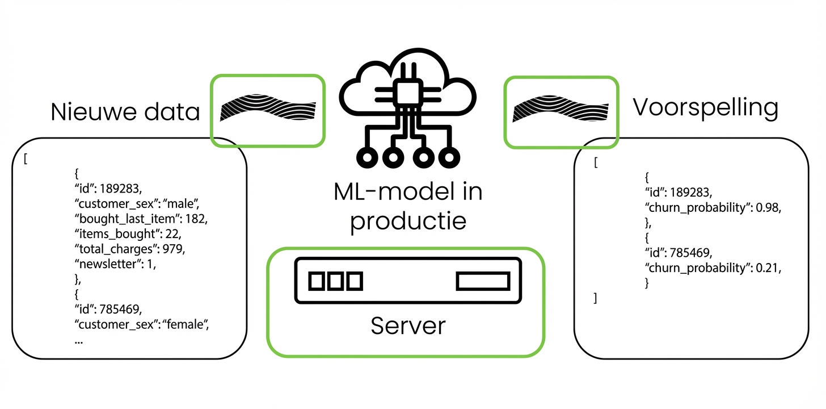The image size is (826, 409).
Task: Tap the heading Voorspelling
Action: click(705, 108)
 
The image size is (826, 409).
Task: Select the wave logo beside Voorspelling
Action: click(560, 108)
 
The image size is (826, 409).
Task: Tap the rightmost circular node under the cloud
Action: click(449, 157)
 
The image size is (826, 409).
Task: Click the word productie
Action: click(408, 220)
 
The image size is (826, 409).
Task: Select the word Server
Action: click(408, 325)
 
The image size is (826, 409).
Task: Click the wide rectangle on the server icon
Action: click(483, 281)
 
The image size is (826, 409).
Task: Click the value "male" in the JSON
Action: click(182, 203)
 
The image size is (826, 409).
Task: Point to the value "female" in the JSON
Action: click(187, 325)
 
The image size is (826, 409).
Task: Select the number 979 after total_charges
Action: click(174, 249)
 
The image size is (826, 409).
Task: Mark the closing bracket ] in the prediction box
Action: click(595, 298)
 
